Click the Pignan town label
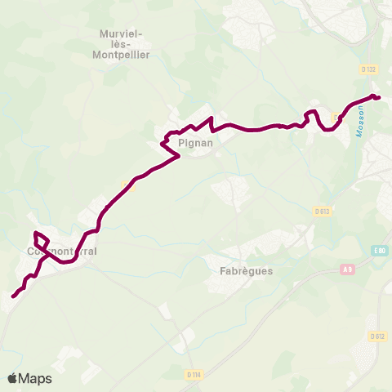tap(194, 143)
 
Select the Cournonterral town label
tap(61, 252)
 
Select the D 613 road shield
tap(321, 212)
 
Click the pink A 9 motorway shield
tap(349, 269)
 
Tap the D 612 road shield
tap(376, 336)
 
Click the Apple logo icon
tap(13, 378)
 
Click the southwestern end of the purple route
tap(14, 296)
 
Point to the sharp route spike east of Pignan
tap(211, 123)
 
